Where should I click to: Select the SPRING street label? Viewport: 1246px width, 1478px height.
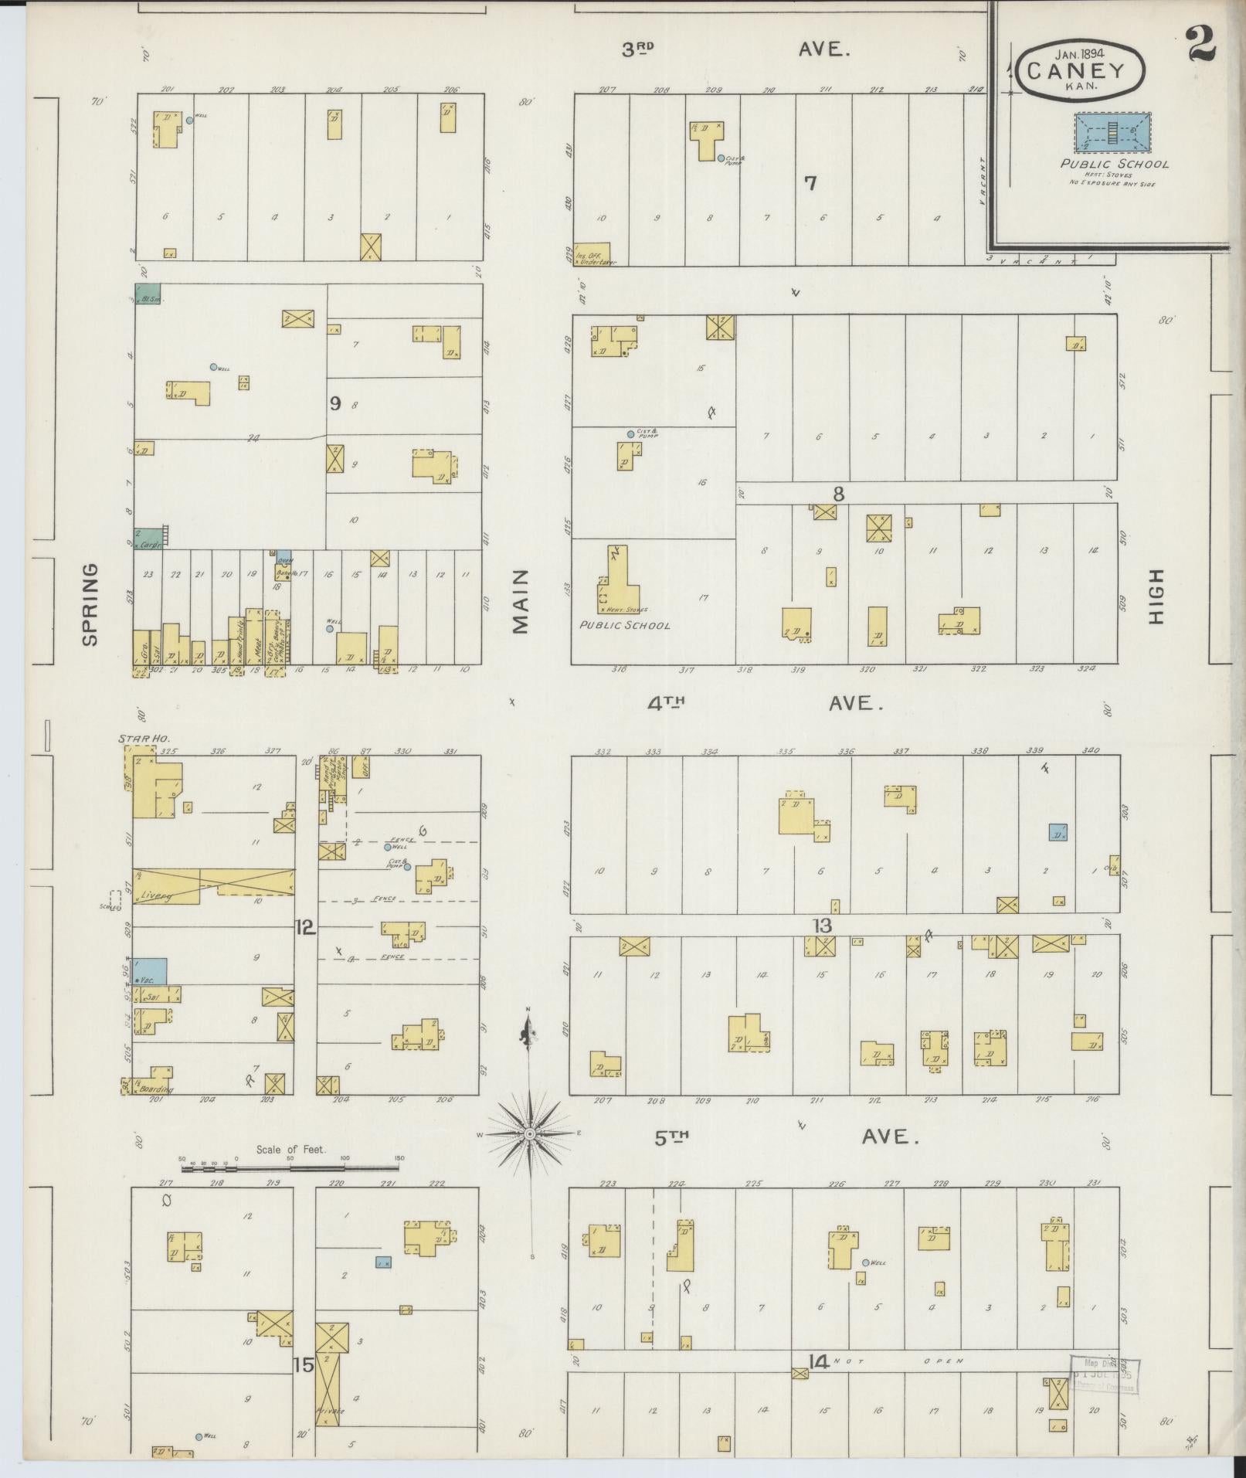(90, 604)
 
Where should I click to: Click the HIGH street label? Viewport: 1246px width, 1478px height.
(1156, 596)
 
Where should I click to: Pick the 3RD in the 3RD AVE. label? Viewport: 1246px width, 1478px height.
(638, 50)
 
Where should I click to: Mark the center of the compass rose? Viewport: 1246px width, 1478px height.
(530, 1133)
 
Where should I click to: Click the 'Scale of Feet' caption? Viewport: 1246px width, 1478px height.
(291, 1150)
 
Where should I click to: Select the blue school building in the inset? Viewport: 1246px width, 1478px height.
(1112, 131)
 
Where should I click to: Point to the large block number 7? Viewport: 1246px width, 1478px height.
(810, 183)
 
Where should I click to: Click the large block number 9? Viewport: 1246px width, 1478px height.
(335, 403)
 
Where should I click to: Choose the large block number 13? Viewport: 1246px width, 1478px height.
(822, 926)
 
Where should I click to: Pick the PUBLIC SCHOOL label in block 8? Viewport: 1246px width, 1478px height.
(625, 625)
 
